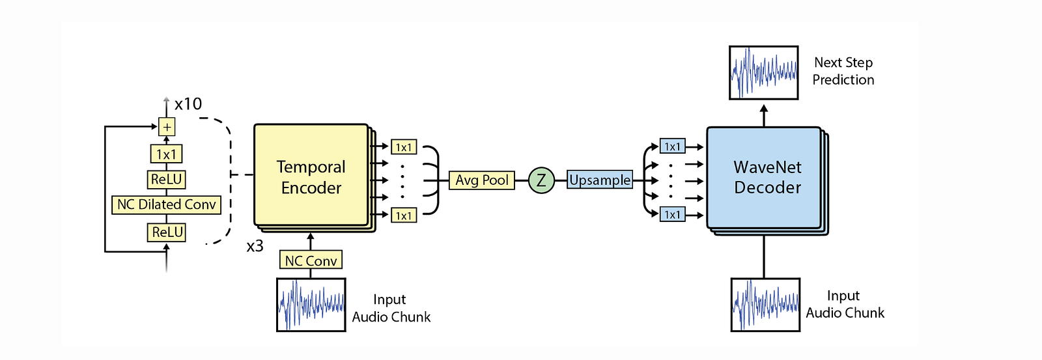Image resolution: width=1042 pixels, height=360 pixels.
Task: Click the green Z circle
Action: [x=541, y=180]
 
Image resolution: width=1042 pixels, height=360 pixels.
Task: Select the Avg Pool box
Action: [x=482, y=180]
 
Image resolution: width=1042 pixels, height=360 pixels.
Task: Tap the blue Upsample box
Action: [x=600, y=180]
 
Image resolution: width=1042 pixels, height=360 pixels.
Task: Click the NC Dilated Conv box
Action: [x=167, y=204]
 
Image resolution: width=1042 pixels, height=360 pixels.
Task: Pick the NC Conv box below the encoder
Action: [x=311, y=260]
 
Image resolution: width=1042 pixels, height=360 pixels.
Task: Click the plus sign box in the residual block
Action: [x=167, y=127]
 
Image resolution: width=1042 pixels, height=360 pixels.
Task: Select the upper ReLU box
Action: [x=167, y=179]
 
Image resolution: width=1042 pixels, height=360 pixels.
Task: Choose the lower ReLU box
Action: [x=167, y=232]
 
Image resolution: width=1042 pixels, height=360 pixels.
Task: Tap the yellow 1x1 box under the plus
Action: [x=166, y=154]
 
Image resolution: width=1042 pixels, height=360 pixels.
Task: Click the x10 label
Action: [x=188, y=104]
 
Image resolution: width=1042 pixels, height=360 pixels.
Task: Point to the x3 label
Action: [x=255, y=247]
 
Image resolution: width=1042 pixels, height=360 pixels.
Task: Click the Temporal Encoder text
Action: [x=311, y=177]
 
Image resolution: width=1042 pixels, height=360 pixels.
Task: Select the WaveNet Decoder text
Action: [x=768, y=177]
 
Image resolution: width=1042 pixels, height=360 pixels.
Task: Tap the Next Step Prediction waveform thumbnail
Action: [x=764, y=72]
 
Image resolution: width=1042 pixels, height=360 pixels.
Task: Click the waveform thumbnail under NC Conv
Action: [x=311, y=305]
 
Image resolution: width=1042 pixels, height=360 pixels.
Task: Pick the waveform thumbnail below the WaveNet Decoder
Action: [x=765, y=305]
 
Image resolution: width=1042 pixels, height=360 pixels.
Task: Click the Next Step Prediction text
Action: [x=843, y=71]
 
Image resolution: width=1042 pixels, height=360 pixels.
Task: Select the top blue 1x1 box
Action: [x=672, y=146]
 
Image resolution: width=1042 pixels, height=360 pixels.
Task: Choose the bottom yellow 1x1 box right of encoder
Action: [x=404, y=215]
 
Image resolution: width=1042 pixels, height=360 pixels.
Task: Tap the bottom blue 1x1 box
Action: [x=672, y=215]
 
